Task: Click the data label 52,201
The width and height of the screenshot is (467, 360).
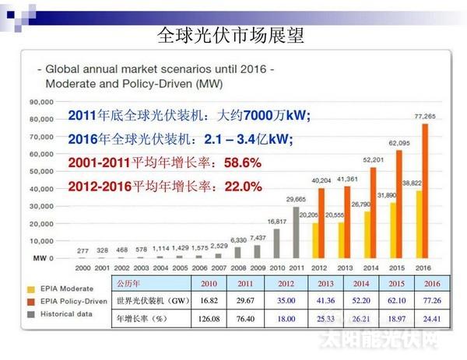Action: tap(374, 160)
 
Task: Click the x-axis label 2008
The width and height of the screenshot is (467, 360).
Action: tap(240, 267)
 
